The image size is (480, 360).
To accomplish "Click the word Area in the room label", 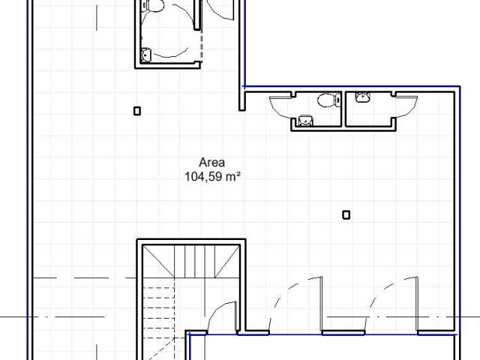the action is click(211, 162).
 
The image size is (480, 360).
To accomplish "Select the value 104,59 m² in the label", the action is click(212, 177).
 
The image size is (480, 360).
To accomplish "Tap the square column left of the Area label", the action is click(137, 111).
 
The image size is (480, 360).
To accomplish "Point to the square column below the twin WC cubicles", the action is click(346, 215).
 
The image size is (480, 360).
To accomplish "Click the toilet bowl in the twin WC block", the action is click(328, 100).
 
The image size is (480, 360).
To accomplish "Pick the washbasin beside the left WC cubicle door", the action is click(305, 120).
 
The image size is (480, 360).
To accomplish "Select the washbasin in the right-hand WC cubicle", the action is click(362, 97).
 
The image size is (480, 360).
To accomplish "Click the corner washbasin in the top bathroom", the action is click(146, 55).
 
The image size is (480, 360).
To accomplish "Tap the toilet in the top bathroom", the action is click(152, 5).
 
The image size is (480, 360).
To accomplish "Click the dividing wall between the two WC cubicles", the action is click(343, 109).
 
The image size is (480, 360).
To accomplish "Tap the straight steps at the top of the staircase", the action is click(195, 261).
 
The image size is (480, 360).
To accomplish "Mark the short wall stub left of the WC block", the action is click(242, 98).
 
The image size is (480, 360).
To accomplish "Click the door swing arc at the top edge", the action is click(220, 10).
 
